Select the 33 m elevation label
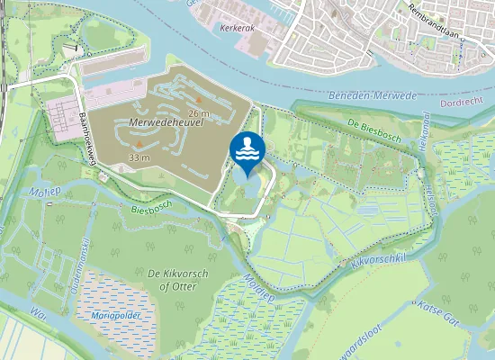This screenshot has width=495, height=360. tap(139, 157)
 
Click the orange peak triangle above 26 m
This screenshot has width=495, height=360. tap(199, 99)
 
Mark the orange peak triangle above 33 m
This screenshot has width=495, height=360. tap(139, 144)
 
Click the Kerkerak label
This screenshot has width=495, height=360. tap(237, 28)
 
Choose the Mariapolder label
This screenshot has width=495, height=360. tap(112, 316)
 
